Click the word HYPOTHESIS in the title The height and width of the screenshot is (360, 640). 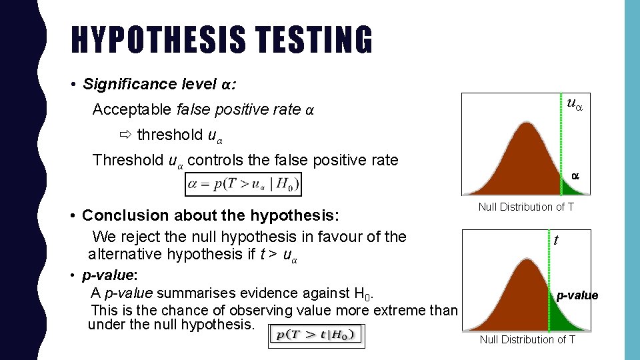(x=157, y=40)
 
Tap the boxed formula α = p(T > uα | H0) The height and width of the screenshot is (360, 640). (x=244, y=184)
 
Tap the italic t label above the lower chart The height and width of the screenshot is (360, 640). (x=555, y=241)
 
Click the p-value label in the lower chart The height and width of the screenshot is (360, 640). (x=577, y=295)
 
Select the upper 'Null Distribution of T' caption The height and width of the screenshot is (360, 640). (x=526, y=207)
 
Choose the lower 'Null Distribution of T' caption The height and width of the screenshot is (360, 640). (x=527, y=339)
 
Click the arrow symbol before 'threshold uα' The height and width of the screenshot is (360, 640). (x=126, y=135)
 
